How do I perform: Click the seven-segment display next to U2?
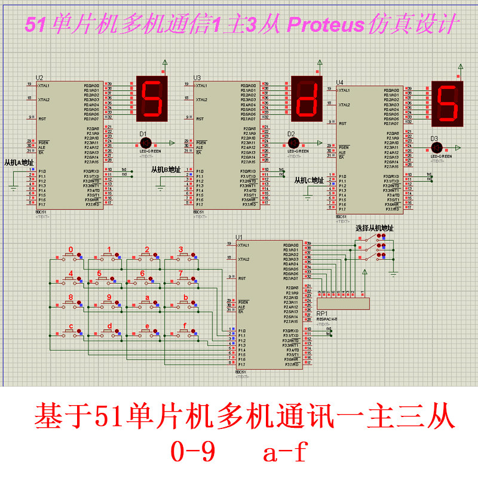click(x=152, y=97)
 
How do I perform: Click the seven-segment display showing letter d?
click(x=307, y=97)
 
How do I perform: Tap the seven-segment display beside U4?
click(x=449, y=102)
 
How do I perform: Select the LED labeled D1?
click(x=145, y=143)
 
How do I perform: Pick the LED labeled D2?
click(x=293, y=143)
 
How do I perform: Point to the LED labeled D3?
click(x=436, y=147)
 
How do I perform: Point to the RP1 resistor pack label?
click(x=321, y=313)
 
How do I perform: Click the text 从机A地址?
click(x=20, y=162)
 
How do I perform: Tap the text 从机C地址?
click(x=310, y=180)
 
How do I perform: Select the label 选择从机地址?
click(x=374, y=228)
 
